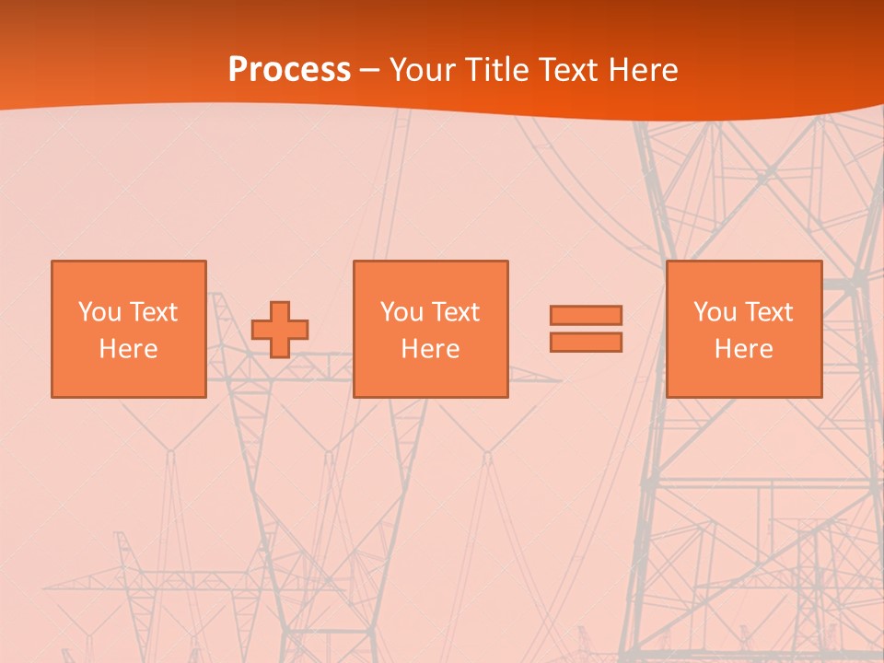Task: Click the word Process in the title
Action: point(289,70)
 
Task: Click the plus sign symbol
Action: point(280,330)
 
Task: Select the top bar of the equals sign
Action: point(586,315)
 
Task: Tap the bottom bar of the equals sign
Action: point(586,343)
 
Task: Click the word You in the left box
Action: point(99,312)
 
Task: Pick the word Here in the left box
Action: point(128,349)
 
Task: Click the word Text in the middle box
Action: point(455,312)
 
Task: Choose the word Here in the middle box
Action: point(430,349)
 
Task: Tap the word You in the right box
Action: point(715,312)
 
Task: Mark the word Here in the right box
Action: point(743,349)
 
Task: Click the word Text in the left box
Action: point(153,312)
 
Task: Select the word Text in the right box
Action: point(768,312)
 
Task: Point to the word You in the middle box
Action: point(401,312)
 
